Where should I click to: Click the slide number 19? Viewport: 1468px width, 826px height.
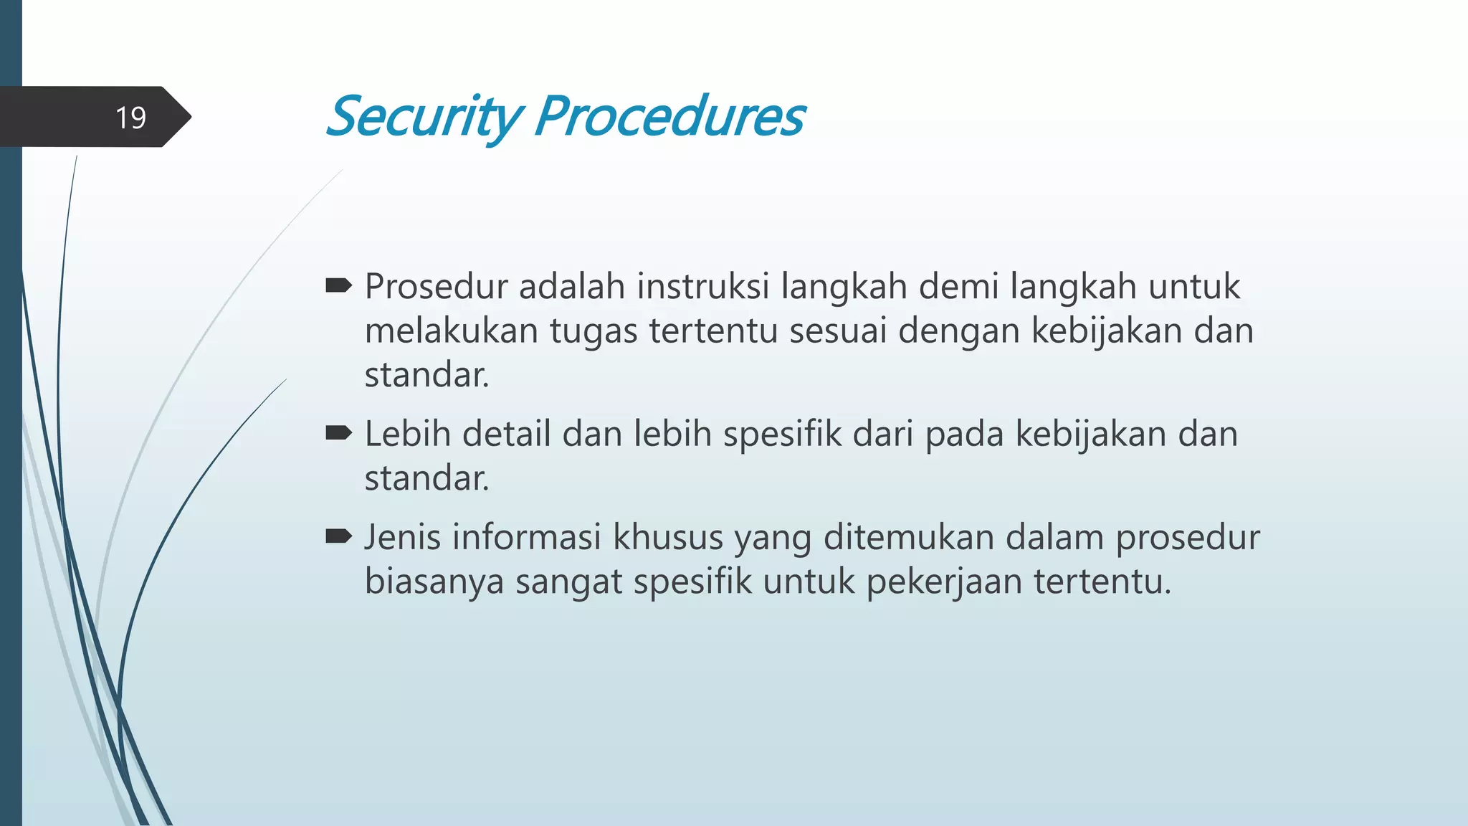coord(130,118)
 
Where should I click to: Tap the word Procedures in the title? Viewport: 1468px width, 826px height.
coord(669,117)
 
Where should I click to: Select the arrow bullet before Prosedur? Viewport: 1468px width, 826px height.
coord(338,287)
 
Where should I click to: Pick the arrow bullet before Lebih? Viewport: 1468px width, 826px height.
coord(338,433)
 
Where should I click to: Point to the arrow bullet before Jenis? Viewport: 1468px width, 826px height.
coord(338,536)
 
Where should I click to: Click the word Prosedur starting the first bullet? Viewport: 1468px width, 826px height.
coord(436,287)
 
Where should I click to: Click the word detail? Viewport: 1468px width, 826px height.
coord(506,435)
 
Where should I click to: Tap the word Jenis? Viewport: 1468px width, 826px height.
coord(402,538)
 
